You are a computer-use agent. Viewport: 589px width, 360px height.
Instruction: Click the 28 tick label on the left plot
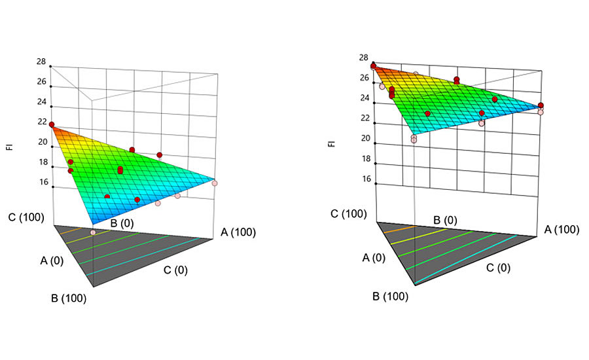(41, 62)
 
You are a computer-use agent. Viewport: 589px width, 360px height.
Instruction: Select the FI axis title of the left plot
(9, 147)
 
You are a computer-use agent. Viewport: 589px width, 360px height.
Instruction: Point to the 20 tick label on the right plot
(365, 139)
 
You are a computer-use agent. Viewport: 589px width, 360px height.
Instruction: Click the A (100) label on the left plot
(238, 232)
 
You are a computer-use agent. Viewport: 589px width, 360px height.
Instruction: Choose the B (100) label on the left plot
(69, 298)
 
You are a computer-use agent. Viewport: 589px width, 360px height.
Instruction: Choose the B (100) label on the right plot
(390, 296)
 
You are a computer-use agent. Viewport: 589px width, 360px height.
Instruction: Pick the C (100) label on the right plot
(349, 213)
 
